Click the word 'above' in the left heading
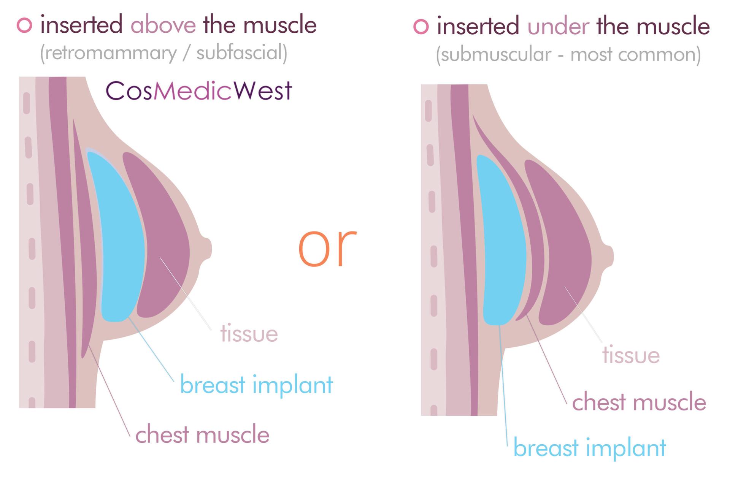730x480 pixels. pyautogui.click(x=163, y=25)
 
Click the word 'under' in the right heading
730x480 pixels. pyautogui.click(x=558, y=27)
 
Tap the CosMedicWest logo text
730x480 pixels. pyautogui.click(x=198, y=91)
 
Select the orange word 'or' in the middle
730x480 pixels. pyautogui.click(x=327, y=248)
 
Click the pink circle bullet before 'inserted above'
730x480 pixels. pyautogui.click(x=25, y=25)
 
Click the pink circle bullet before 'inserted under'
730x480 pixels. pyautogui.click(x=421, y=27)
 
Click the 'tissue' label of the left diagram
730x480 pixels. pyautogui.click(x=249, y=334)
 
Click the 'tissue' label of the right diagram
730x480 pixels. pyautogui.click(x=631, y=355)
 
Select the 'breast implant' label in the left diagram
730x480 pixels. pyautogui.click(x=256, y=385)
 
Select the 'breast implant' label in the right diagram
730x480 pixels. pyautogui.click(x=590, y=448)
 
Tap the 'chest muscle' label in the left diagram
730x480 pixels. pyautogui.click(x=202, y=434)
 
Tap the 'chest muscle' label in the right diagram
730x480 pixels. pyautogui.click(x=639, y=402)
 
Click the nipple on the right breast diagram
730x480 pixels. pyautogui.click(x=608, y=257)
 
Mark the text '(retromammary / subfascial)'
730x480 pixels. pyautogui.click(x=163, y=53)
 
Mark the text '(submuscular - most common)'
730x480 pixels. pyautogui.click(x=568, y=55)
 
